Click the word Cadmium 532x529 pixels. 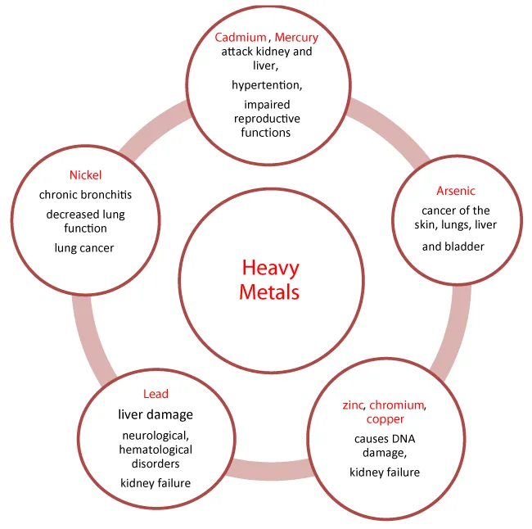241,37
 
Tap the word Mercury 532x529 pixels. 296,38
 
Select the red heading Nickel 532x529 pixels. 85,175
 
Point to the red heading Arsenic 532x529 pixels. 456,191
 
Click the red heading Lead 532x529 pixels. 156,394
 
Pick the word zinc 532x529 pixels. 353,405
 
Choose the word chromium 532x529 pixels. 396,405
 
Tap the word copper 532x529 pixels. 385,419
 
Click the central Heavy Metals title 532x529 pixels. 270,280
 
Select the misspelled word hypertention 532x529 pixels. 267,85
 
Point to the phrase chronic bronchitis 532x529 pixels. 85,195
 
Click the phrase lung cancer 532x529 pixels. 84,248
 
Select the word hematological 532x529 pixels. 156,450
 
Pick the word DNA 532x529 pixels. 403,439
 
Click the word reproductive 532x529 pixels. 267,119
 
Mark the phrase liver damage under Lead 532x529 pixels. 156,414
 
